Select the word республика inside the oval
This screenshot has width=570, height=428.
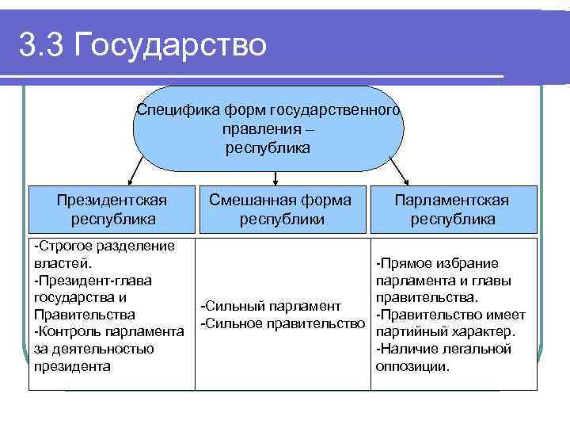(268, 147)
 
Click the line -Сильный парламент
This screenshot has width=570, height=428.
(272, 306)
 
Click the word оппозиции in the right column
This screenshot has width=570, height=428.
(412, 367)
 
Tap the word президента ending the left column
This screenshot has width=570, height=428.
(72, 366)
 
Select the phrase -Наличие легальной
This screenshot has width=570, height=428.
(443, 350)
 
